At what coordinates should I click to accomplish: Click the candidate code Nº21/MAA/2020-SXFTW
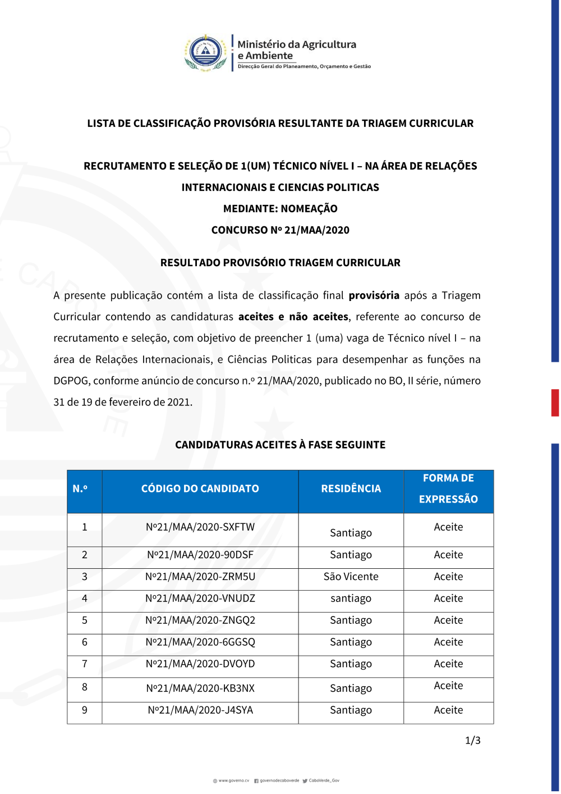click(200, 527)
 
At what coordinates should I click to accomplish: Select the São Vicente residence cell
click(351, 577)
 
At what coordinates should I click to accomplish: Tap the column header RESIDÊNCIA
click(351, 489)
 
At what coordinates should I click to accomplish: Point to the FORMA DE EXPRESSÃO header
click(448, 489)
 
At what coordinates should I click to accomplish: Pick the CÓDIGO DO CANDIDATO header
click(200, 489)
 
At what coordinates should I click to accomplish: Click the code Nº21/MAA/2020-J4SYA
click(200, 710)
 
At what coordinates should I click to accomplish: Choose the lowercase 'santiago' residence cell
click(351, 599)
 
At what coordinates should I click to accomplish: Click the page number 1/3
click(473, 741)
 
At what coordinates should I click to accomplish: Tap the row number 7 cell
click(85, 664)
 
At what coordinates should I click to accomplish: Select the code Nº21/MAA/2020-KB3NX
click(200, 688)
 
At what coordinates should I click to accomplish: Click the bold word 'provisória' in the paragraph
click(374, 295)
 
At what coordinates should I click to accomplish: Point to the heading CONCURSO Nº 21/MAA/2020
click(280, 230)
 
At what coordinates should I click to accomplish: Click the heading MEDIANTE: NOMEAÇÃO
click(280, 209)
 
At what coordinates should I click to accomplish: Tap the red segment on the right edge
click(555, 403)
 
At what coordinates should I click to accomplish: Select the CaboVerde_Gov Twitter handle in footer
click(324, 781)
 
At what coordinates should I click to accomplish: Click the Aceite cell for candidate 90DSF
click(448, 555)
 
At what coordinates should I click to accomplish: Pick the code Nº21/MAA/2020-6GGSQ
click(200, 642)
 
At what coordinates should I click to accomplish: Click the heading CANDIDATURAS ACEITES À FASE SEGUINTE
click(280, 445)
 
